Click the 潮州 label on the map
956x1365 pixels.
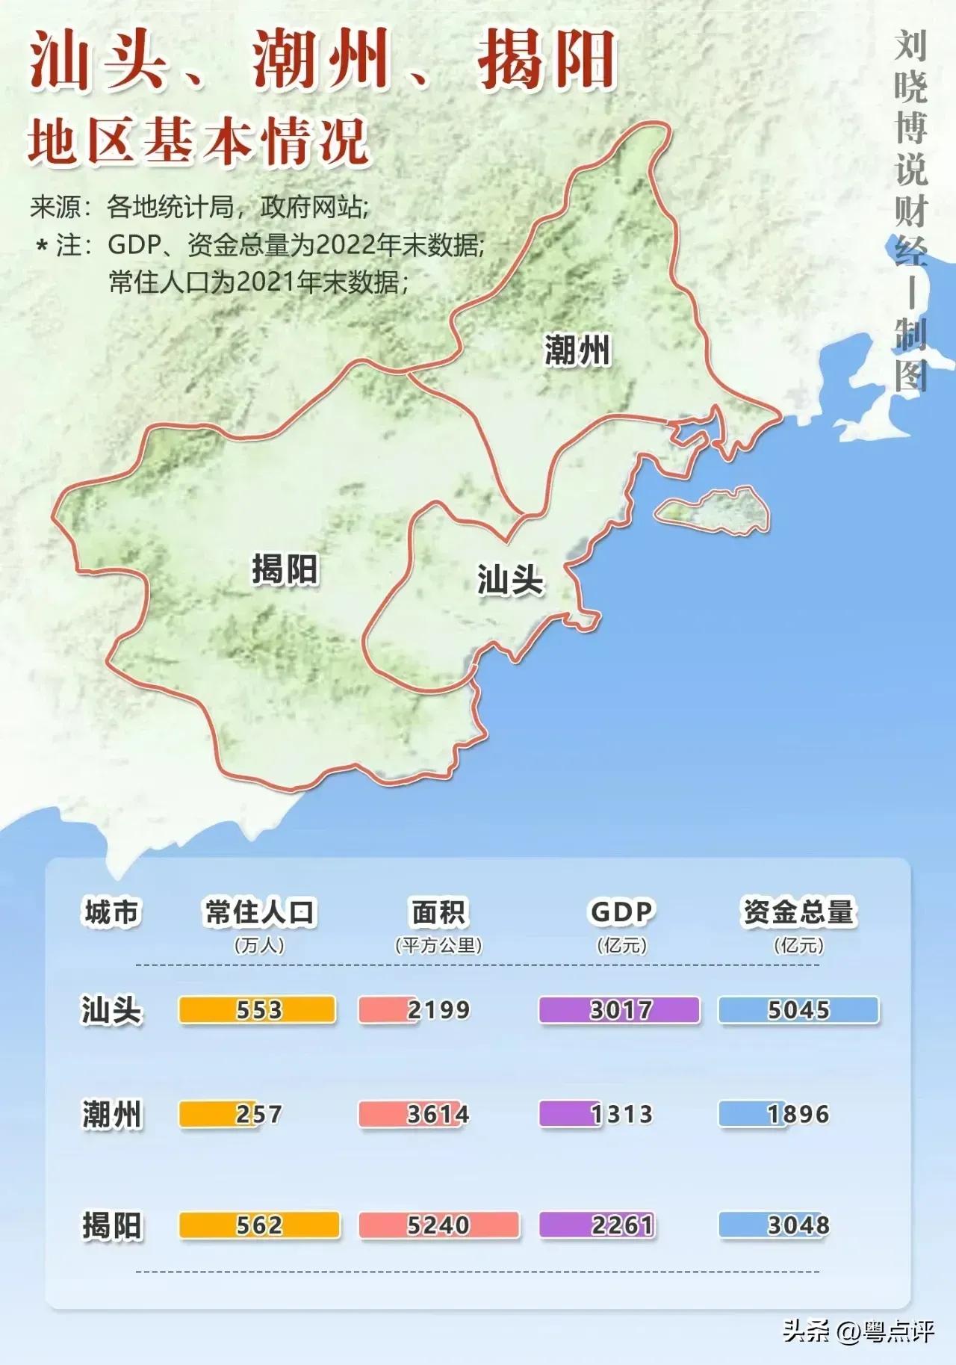click(x=577, y=350)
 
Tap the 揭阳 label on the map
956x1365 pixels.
click(x=285, y=569)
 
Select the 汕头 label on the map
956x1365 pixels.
click(x=510, y=580)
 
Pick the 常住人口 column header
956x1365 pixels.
click(x=260, y=912)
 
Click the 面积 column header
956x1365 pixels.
click(x=438, y=912)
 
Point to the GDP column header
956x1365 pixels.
click(x=621, y=911)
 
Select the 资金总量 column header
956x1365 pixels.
click(x=798, y=911)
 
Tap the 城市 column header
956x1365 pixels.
click(x=111, y=912)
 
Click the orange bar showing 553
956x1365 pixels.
click(x=257, y=1009)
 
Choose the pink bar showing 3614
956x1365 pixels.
click(x=414, y=1114)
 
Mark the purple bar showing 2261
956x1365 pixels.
click(x=597, y=1225)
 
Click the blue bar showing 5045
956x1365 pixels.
click(x=798, y=1010)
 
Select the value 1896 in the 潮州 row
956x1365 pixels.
click(x=798, y=1114)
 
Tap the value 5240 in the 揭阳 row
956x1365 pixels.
click(x=438, y=1225)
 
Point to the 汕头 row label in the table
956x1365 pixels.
click(x=111, y=1010)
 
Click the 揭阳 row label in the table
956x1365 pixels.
click(x=111, y=1225)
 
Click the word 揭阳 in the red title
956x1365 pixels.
click(x=547, y=60)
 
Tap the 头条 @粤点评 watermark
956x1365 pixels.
click(x=859, y=1331)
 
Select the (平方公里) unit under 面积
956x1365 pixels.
click(x=438, y=945)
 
